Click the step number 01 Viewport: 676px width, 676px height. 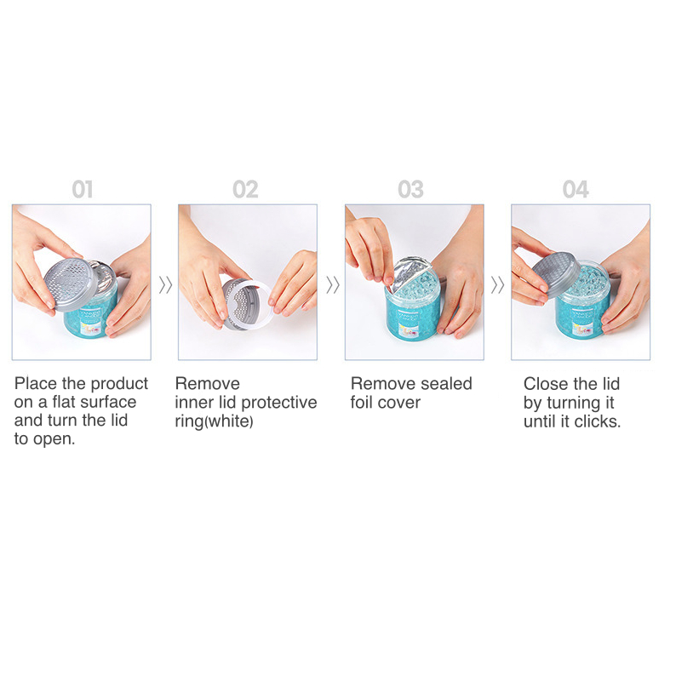tap(83, 190)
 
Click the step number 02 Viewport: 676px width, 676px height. tap(245, 190)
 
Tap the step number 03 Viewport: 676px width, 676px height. tap(411, 190)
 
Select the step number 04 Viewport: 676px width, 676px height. tap(576, 190)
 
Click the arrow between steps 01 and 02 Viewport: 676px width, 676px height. tap(165, 285)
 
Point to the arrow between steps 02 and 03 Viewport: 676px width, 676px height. tap(332, 285)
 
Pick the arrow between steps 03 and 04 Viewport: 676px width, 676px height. tap(497, 285)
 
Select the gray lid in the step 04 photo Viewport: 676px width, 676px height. tap(556, 275)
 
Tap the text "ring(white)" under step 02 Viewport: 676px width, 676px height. tap(215, 421)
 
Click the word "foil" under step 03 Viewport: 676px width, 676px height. tap(361, 402)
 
